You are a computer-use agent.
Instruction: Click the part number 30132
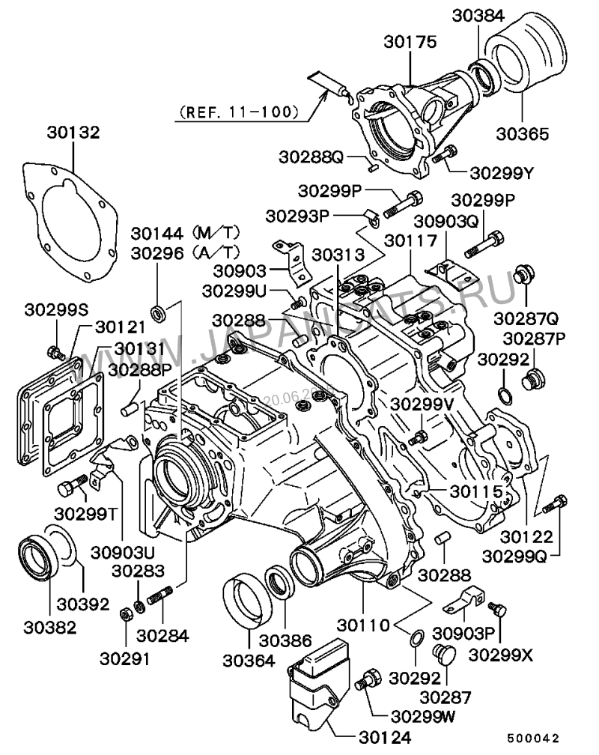[73, 133]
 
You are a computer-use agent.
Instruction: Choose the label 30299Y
[501, 172]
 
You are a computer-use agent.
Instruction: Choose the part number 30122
[528, 536]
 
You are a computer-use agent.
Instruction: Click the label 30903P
[484, 632]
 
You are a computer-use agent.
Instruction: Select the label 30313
[337, 254]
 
